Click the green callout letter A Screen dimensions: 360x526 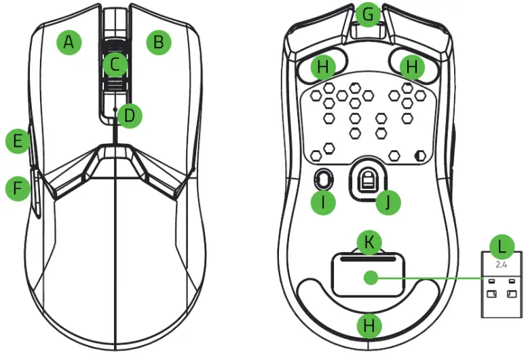click(x=68, y=43)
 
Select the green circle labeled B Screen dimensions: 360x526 click(x=159, y=43)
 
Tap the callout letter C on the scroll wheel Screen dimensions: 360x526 click(x=115, y=65)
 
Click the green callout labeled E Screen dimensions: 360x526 click(x=18, y=141)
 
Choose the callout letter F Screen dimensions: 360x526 click(x=18, y=188)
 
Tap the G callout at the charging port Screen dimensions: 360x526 click(x=369, y=14)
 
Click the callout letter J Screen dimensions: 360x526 click(x=389, y=201)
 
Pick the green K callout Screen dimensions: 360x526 click(x=369, y=242)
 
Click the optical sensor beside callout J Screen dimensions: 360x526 click(x=367, y=180)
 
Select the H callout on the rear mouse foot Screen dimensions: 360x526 click(x=369, y=325)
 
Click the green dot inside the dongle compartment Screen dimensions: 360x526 click(x=369, y=277)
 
